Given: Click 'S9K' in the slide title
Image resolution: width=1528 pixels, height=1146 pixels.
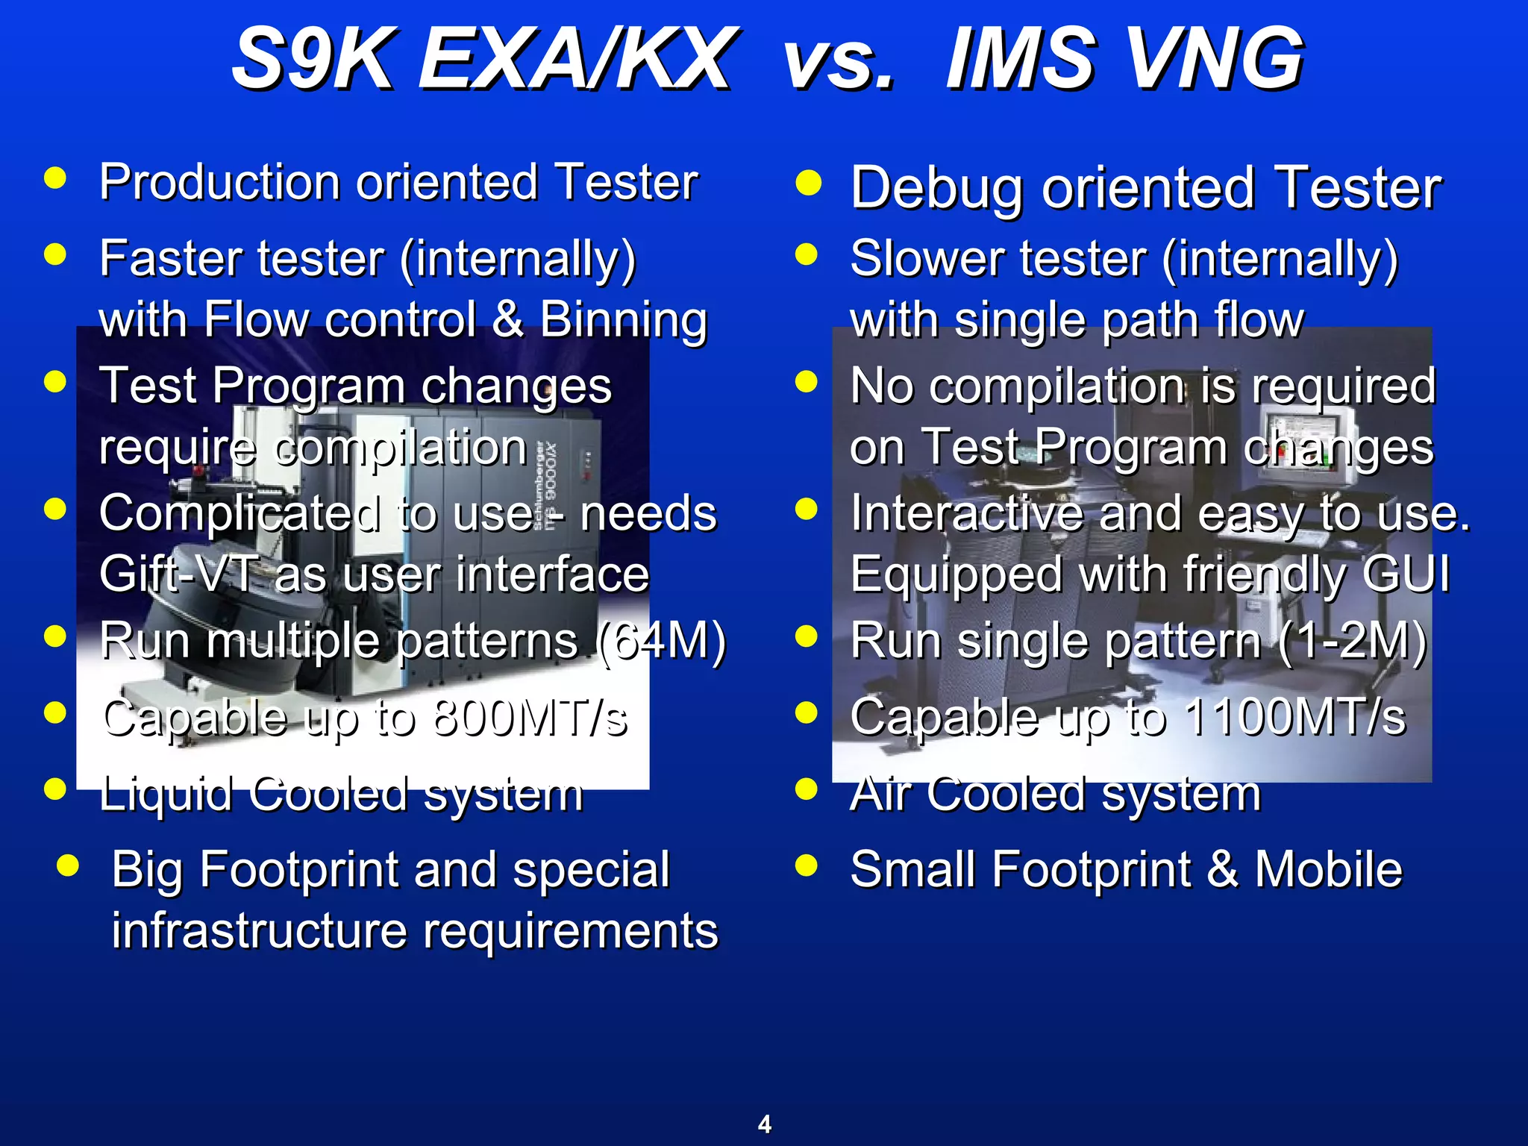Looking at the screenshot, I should [x=311, y=58].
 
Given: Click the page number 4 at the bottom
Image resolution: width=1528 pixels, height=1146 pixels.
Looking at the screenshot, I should [x=764, y=1124].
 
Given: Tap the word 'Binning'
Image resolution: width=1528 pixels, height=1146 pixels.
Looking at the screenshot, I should [x=623, y=319].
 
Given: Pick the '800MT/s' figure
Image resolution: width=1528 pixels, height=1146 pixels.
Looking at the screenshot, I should [x=530, y=718].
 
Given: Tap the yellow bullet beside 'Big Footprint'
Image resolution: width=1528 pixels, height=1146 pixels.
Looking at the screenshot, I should [x=68, y=865].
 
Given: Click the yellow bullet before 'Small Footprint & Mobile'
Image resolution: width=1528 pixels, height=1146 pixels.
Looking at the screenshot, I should [x=807, y=865].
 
